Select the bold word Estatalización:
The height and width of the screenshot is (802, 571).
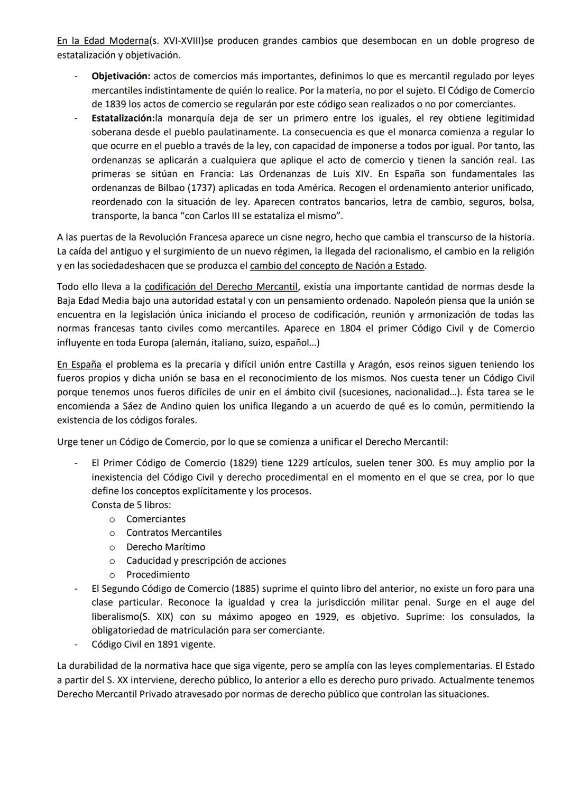123,118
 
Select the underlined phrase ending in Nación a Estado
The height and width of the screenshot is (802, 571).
337,266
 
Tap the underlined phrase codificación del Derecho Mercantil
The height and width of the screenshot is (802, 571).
221,287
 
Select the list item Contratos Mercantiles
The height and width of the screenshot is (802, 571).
174,533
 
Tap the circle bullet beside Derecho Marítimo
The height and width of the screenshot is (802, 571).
112,547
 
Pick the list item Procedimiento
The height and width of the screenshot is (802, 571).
158,575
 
